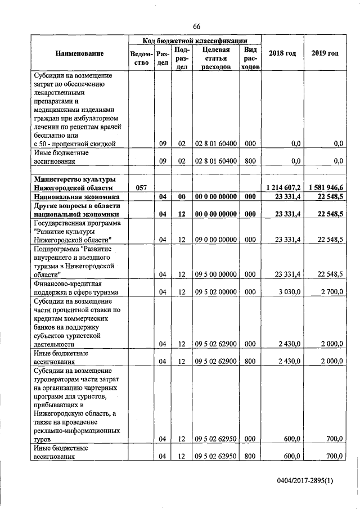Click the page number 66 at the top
(x=196, y=26)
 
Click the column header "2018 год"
(x=282, y=53)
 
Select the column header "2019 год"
(x=325, y=53)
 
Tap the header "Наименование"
(x=79, y=53)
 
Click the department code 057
(x=140, y=187)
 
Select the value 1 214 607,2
(x=283, y=187)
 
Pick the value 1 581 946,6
(x=325, y=187)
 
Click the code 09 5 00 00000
(x=216, y=274)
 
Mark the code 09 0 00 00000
(x=216, y=240)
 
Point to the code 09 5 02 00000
(x=216, y=291)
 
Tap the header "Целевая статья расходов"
(x=216, y=58)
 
